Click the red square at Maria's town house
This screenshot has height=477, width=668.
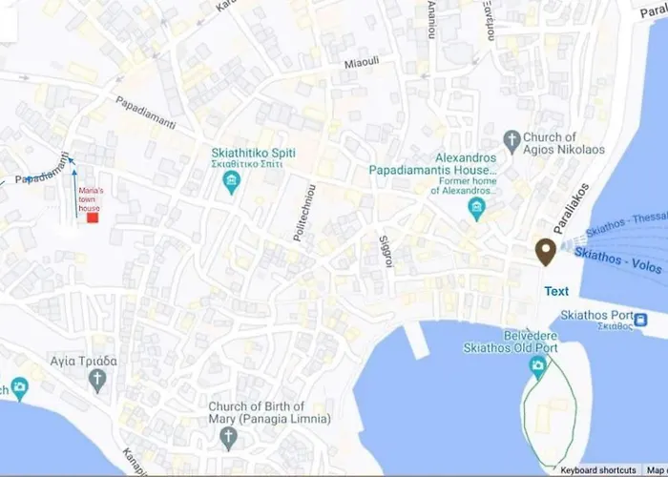coord(93,218)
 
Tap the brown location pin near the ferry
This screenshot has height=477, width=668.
coord(546,252)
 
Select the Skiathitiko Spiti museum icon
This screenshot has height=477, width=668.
coord(230,183)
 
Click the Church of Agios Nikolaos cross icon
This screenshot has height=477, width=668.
coord(512,142)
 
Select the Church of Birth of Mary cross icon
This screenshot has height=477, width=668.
coord(227,438)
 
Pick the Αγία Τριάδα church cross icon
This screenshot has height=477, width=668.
coord(96,381)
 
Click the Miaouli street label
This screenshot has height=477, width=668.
coord(363,63)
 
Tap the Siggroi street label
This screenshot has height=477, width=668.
coord(386,247)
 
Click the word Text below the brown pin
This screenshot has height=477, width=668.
coord(556,292)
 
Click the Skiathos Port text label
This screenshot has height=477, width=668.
coord(595,316)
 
